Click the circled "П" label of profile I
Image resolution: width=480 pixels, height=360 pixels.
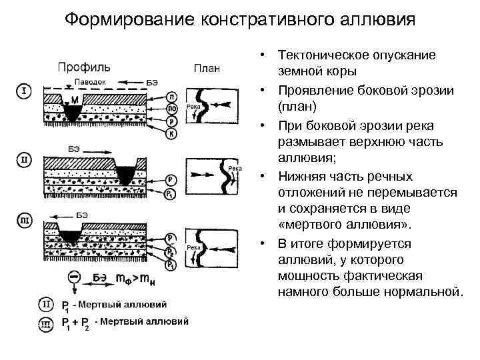(x=171, y=96)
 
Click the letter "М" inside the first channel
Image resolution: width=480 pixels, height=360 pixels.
(x=75, y=101)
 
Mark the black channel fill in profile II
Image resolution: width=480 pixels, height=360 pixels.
(x=125, y=175)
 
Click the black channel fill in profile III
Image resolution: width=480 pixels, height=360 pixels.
(x=69, y=235)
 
